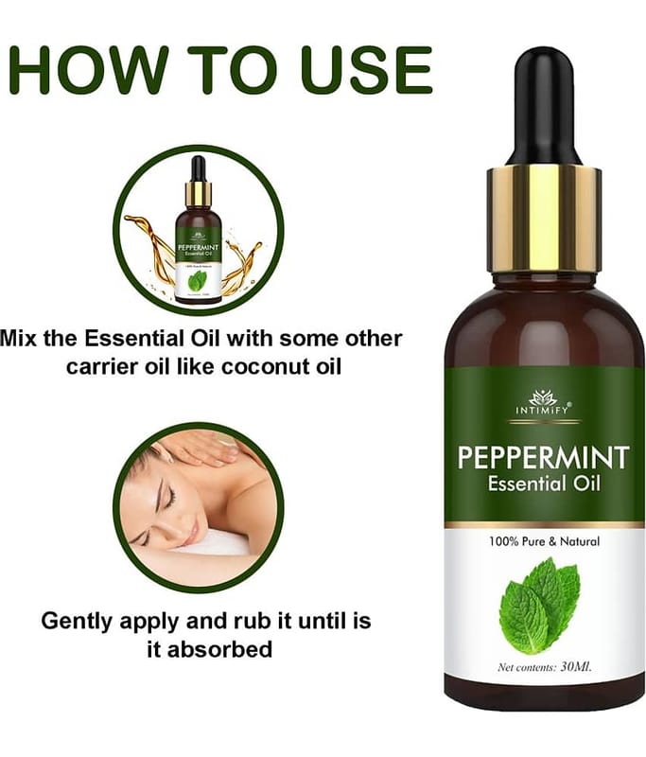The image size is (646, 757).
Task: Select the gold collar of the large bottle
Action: pyautogui.click(x=544, y=220)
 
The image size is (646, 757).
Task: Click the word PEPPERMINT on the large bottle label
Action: pyautogui.click(x=543, y=458)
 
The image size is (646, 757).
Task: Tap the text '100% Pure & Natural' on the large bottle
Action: pyautogui.click(x=544, y=541)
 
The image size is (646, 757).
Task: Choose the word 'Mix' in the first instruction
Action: pyautogui.click(x=18, y=338)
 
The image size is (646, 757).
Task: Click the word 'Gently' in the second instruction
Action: pyautogui.click(x=78, y=621)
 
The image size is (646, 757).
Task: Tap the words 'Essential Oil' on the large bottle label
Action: pyautogui.click(x=544, y=484)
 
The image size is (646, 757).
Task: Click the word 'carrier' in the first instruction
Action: pyautogui.click(x=102, y=367)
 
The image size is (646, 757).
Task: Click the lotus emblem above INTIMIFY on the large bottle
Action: pyautogui.click(x=543, y=397)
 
